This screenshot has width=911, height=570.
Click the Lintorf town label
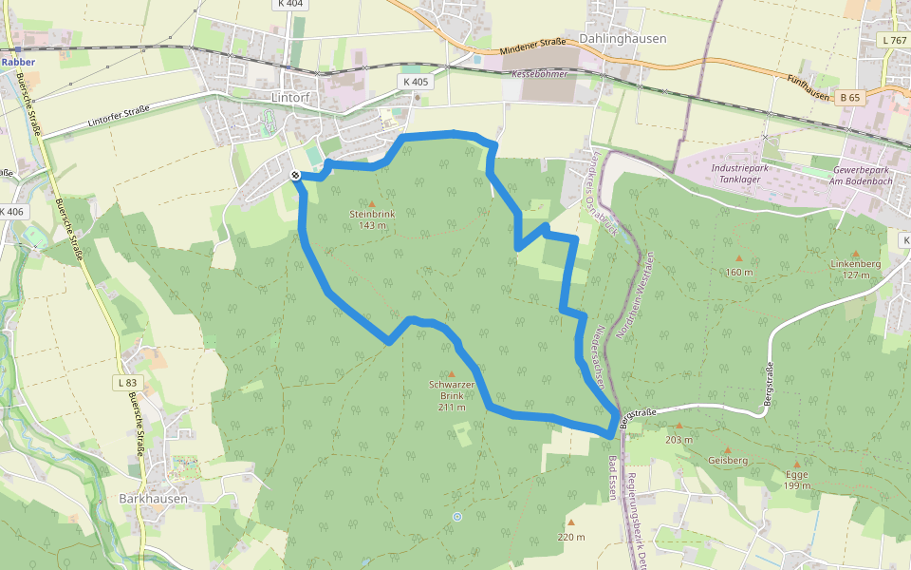pyautogui.click(x=291, y=97)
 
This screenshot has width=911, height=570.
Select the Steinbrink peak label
pyautogui.click(x=371, y=214)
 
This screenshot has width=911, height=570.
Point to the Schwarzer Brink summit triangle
pyautogui.click(x=450, y=373)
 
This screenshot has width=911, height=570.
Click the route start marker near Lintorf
pyautogui.click(x=295, y=175)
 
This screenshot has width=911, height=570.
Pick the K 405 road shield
pyautogui.click(x=416, y=82)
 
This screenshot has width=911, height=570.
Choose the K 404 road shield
pyautogui.click(x=291, y=4)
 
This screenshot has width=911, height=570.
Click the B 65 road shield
pyautogui.click(x=849, y=97)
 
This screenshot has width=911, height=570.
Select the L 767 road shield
pyautogui.click(x=894, y=41)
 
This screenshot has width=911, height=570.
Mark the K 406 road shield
pyautogui.click(x=11, y=211)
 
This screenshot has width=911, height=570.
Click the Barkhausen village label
pyautogui.click(x=154, y=498)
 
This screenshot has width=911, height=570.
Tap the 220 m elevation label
pyautogui.click(x=571, y=537)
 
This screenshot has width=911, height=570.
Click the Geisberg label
pyautogui.click(x=728, y=460)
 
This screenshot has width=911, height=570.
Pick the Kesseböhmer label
pyautogui.click(x=539, y=73)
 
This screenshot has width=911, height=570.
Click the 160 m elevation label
pyautogui.click(x=738, y=273)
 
